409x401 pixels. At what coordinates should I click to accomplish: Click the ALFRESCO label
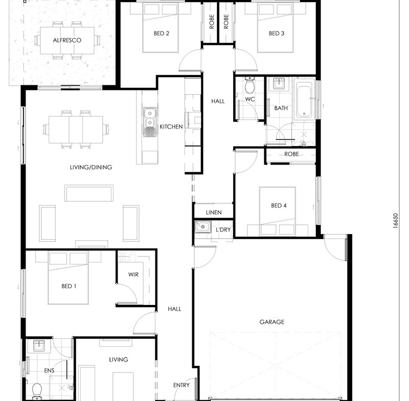pyautogui.click(x=67, y=40)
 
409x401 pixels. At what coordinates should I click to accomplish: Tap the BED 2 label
pyautogui.click(x=161, y=33)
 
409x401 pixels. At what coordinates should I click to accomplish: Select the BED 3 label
pyautogui.click(x=277, y=33)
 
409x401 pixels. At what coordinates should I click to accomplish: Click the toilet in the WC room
pyautogui.click(x=249, y=85)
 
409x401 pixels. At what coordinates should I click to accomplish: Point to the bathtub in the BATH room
pyautogui.click(x=304, y=100)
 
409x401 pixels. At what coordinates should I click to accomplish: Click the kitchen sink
pyautogui.click(x=150, y=122)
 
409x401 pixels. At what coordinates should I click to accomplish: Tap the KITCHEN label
pyautogui.click(x=171, y=127)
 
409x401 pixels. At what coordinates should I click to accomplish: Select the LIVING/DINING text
pyautogui.click(x=91, y=167)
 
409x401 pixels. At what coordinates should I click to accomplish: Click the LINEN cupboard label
pyautogui.click(x=214, y=213)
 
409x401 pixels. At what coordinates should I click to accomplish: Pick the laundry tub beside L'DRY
pyautogui.click(x=203, y=227)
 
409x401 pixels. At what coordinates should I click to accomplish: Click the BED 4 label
pyautogui.click(x=279, y=205)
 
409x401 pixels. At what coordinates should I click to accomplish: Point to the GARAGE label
pyautogui.click(x=272, y=322)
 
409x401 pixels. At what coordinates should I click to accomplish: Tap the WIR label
pyautogui.click(x=133, y=274)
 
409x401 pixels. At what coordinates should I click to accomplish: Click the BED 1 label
pyautogui.click(x=69, y=286)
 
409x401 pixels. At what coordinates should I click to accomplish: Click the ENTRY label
pyautogui.click(x=181, y=385)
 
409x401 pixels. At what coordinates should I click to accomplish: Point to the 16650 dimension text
pyautogui.click(x=395, y=221)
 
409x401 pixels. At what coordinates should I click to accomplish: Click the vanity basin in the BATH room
pyautogui.click(x=279, y=83)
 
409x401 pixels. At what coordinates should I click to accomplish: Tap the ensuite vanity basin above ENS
pyautogui.click(x=39, y=346)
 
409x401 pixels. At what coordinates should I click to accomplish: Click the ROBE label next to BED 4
pyautogui.click(x=291, y=154)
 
